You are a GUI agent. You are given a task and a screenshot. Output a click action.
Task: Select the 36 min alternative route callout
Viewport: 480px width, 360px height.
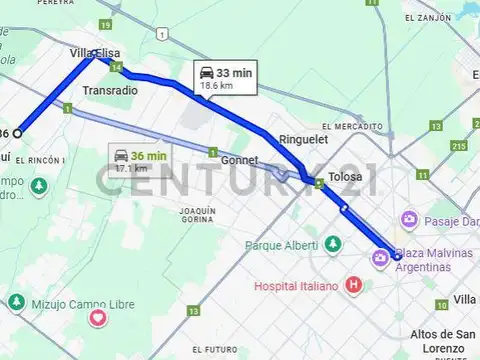coord(140,160)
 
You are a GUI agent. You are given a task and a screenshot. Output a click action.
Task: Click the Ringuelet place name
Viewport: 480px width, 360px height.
coord(303,140)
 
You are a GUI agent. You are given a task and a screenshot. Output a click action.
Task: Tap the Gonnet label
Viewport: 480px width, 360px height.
coord(238,160)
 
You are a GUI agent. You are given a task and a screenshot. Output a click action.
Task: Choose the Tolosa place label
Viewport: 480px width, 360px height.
coord(345,178)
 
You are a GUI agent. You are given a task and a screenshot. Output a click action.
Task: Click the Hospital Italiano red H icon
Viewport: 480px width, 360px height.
coord(353,286)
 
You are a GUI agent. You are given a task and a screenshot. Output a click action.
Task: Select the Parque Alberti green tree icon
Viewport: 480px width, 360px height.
coord(332,244)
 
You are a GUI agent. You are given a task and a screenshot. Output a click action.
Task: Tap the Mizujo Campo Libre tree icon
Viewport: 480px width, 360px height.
coord(16,301)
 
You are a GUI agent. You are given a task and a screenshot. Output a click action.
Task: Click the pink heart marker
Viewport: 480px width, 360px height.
coord(98,319)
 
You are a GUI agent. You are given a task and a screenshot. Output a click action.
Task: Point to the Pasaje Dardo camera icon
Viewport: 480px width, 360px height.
coord(408,219)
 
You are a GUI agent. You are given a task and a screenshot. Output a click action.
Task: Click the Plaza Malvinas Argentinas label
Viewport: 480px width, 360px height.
coord(433,260)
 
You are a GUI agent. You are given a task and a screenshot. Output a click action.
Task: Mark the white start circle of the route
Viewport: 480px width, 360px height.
coord(17,133)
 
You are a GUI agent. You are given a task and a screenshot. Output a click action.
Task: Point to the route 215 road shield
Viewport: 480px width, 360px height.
coord(459,146)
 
